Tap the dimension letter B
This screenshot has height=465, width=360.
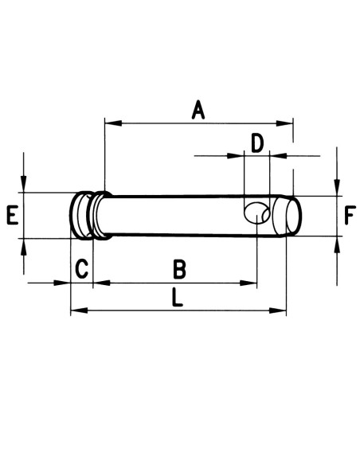point(180,269)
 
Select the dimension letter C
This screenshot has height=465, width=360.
point(81,269)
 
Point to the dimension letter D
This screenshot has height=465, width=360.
point(256,143)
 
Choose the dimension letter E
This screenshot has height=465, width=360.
point(11,215)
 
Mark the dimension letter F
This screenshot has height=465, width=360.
point(350,215)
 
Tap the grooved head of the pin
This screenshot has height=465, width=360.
point(88,214)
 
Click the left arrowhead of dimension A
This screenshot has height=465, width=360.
point(111,123)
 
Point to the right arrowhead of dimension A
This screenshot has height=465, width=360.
point(288,123)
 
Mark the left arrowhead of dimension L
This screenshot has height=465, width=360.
point(77,310)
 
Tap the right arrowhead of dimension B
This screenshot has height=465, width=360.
point(251,282)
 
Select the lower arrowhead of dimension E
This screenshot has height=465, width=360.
point(25,244)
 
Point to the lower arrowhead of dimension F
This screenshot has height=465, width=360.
point(338,242)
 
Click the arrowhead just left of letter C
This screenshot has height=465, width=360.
point(65,282)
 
